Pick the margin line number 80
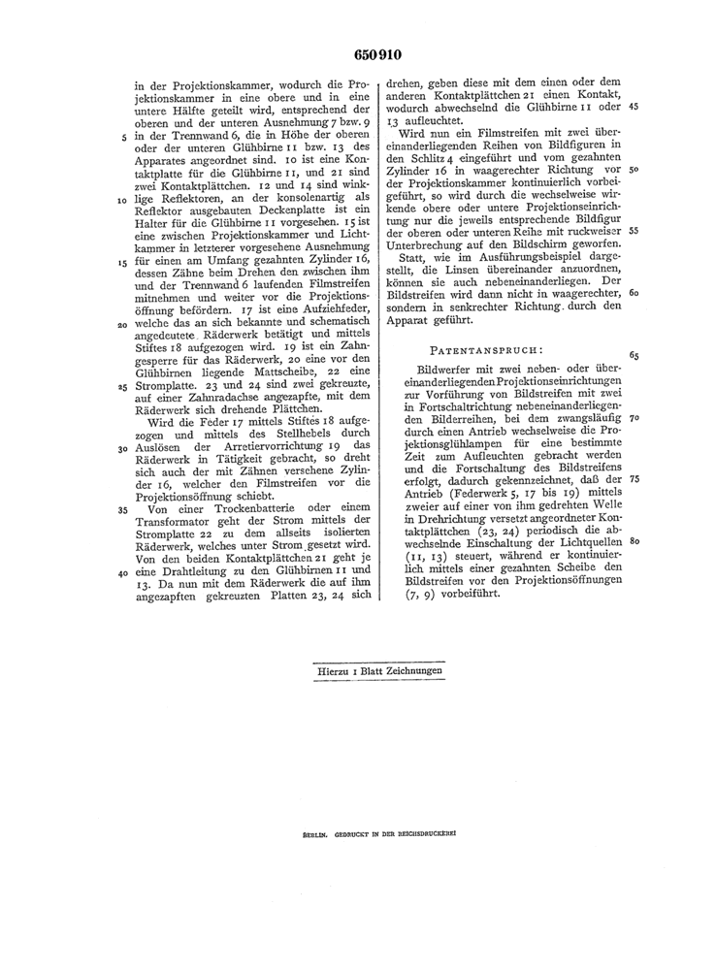point(633,541)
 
